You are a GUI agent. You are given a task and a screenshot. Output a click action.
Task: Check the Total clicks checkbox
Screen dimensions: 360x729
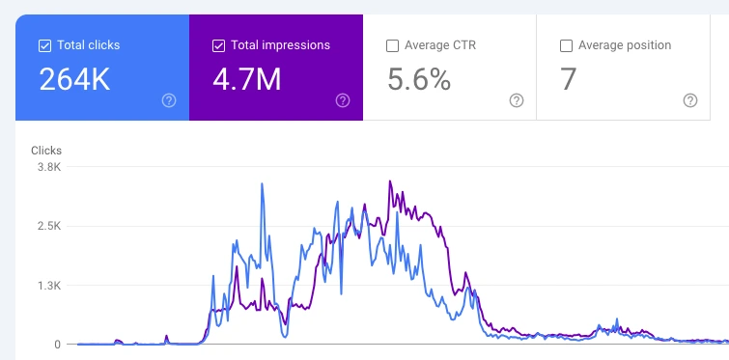[x=44, y=45]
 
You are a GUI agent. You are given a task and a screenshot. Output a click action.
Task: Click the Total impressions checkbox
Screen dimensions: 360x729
[x=218, y=45]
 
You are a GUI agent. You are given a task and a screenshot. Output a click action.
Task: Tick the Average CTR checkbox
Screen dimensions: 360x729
[x=392, y=45]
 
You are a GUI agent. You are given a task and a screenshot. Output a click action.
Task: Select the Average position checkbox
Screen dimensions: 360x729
[x=566, y=45]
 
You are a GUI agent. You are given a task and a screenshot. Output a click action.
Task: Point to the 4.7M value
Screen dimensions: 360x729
[x=247, y=80]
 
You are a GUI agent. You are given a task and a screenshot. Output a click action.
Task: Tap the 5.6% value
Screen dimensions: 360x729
[x=419, y=80]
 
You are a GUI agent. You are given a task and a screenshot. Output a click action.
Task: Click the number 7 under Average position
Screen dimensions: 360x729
[x=568, y=80]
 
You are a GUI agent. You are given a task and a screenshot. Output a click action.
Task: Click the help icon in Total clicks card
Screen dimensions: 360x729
[x=169, y=100]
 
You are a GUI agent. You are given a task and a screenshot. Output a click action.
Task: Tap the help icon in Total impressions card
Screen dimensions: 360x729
[x=343, y=100]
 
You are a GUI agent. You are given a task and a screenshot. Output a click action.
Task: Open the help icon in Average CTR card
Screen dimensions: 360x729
[x=517, y=100]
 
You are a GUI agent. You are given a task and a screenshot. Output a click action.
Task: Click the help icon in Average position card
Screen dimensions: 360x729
[x=690, y=100]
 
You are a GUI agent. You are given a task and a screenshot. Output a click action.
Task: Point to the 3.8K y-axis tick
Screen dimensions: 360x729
[x=48, y=167]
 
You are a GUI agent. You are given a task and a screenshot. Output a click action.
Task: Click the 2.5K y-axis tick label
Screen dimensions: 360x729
[x=48, y=226]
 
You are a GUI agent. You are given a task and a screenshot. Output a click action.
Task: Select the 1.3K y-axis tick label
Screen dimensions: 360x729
[x=48, y=286]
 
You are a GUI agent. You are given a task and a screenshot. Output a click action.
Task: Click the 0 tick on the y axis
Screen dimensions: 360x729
[x=57, y=345]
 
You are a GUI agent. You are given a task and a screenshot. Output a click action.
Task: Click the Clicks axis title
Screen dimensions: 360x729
[x=46, y=151]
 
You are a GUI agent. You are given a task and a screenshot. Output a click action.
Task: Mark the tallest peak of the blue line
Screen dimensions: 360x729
[x=262, y=184]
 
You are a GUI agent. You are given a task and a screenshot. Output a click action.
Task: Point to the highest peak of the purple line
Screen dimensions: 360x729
[x=390, y=181]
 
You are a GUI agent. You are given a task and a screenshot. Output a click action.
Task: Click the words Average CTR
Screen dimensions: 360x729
[x=441, y=45]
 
